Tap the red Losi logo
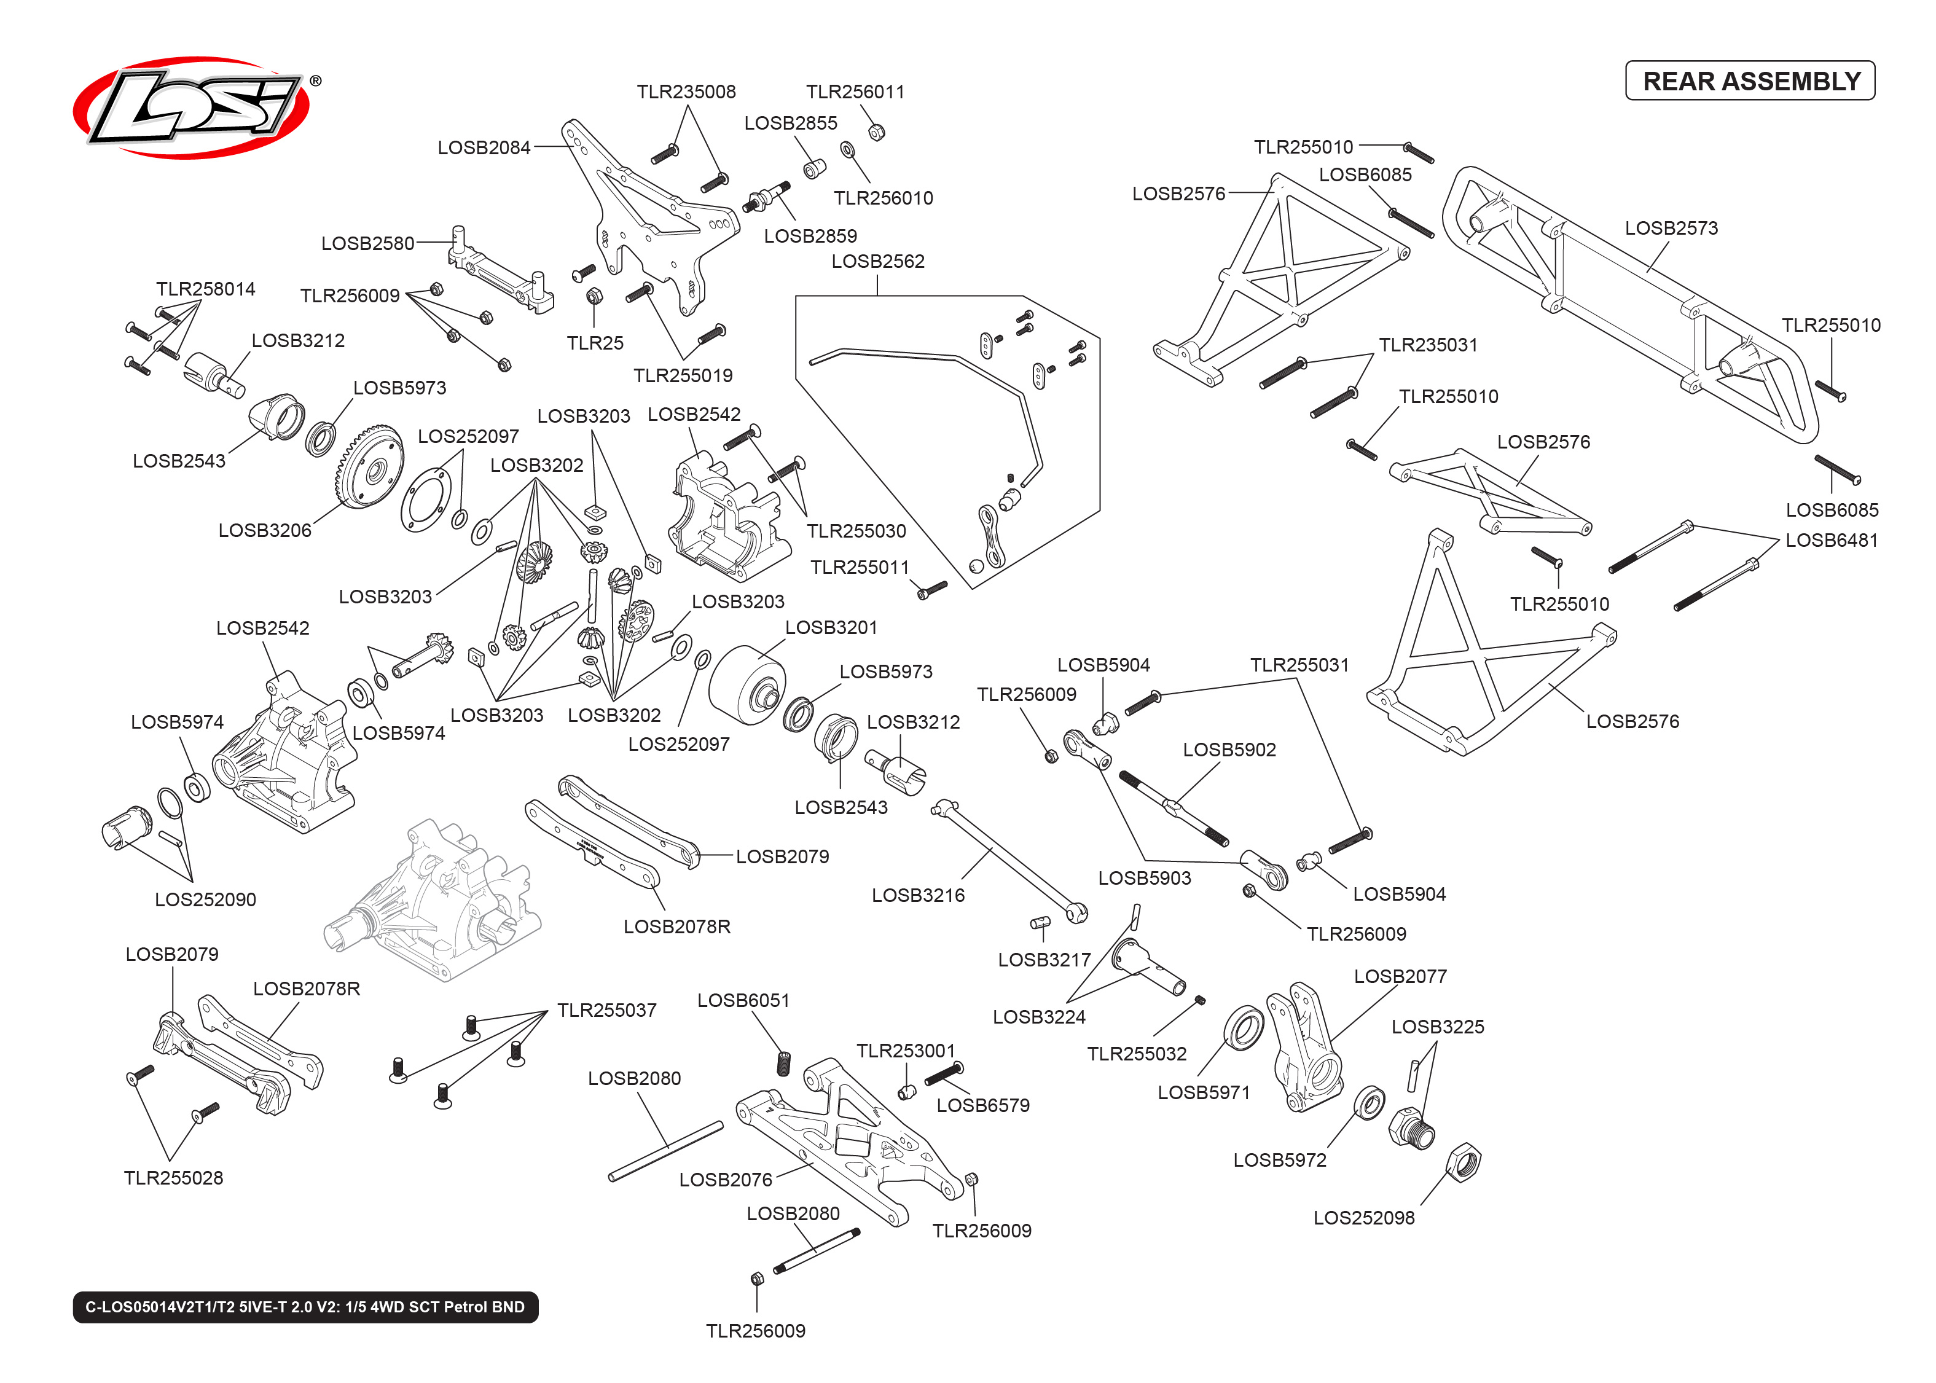tap(192, 108)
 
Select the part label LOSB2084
tap(484, 148)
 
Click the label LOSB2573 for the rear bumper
tap(1671, 228)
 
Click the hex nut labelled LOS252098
tap(1464, 1162)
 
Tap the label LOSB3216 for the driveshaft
tap(918, 895)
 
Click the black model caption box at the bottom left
tap(305, 1306)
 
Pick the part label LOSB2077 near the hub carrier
tap(1400, 976)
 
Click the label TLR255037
tap(606, 1010)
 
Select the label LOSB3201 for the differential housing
tap(830, 628)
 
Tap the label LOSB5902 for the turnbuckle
tap(1229, 750)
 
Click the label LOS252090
tap(205, 899)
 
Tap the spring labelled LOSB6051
tap(783, 1063)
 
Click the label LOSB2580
tap(367, 243)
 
